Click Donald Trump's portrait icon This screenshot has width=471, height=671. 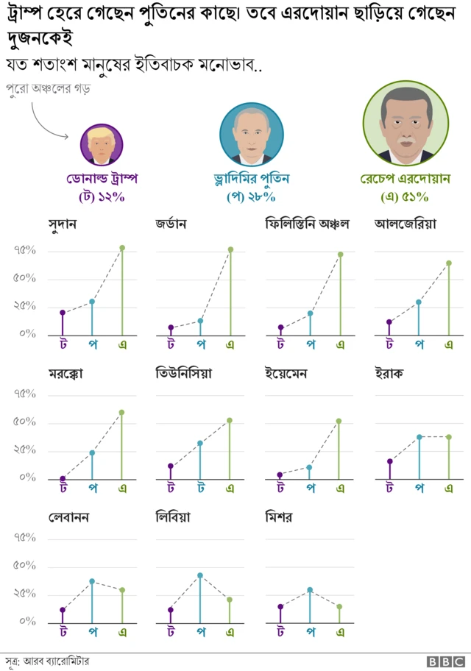pos(101,145)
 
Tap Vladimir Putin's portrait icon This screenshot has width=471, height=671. pos(252,133)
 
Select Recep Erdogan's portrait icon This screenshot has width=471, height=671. pos(405,123)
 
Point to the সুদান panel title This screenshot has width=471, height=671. pos(63,224)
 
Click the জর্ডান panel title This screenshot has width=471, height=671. pos(170,224)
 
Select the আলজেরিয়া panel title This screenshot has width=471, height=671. pos(406,224)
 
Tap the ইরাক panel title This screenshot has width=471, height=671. pos(389,374)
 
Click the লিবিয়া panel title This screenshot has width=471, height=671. pos(174,517)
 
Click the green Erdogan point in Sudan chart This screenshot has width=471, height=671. pos(122,248)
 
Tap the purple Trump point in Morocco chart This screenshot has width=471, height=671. pos(63,478)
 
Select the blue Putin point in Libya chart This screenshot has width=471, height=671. pos(200,575)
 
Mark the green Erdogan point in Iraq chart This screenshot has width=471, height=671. pos(449,437)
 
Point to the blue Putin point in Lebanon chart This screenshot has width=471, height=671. pos(92,581)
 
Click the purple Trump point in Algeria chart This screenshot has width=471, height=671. pos(389,322)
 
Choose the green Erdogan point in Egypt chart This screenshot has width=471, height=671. pos(339,607)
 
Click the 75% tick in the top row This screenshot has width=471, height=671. pos(24,251)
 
